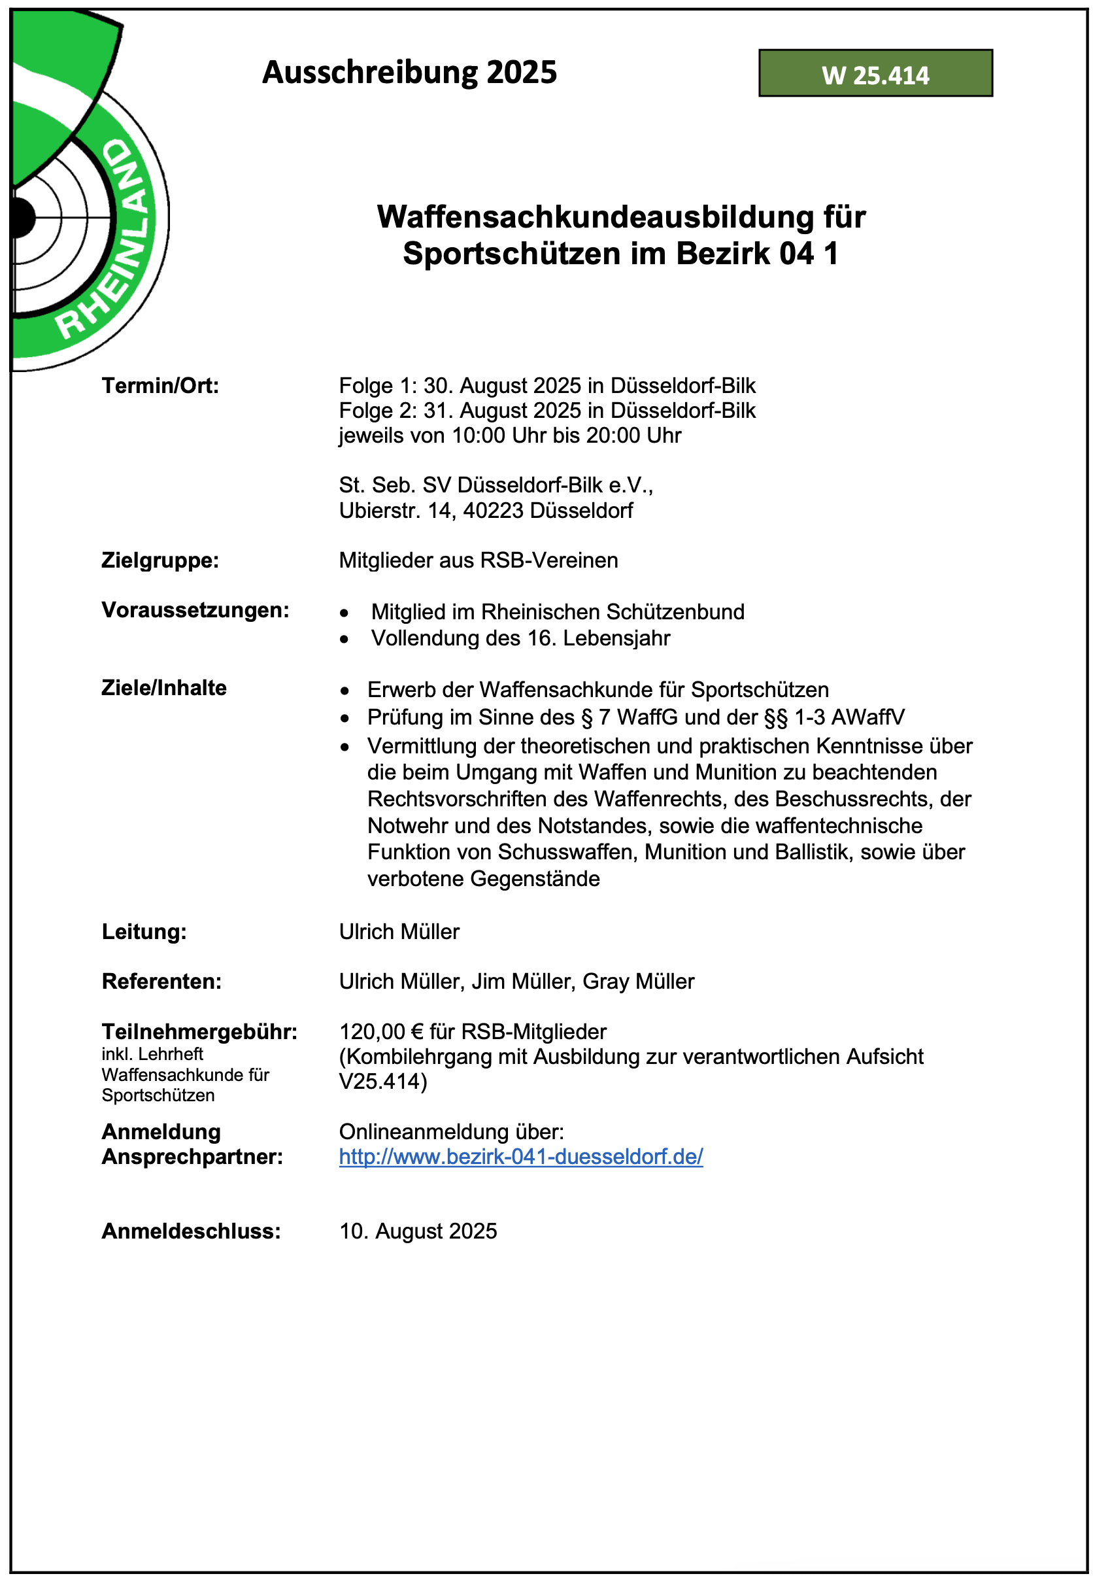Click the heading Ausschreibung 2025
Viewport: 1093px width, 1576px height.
point(409,72)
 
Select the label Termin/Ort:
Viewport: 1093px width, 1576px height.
point(160,386)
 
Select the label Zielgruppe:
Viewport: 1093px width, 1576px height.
point(160,560)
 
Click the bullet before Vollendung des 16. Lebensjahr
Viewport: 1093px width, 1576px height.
point(345,639)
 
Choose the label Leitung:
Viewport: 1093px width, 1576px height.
point(144,931)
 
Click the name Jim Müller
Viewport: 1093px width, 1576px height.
point(521,982)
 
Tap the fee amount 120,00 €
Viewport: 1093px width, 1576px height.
point(380,1031)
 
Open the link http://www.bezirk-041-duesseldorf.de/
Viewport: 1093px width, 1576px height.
point(520,1157)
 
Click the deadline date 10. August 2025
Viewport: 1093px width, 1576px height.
point(418,1231)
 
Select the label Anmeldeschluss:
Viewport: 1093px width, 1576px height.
point(191,1231)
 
